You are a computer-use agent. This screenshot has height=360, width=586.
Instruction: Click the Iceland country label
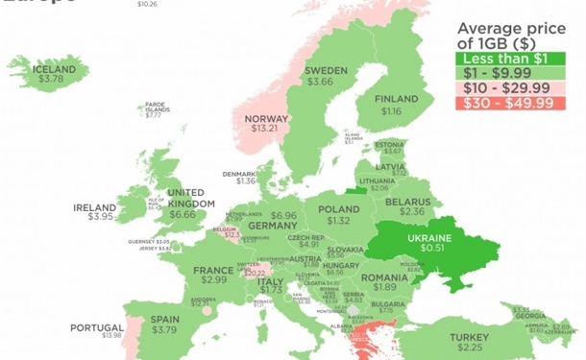[x=55, y=69]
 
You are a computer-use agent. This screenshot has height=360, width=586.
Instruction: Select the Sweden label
[x=325, y=71]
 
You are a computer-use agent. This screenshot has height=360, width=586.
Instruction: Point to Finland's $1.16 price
[x=390, y=112]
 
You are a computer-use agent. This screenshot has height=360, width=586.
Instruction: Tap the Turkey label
[x=469, y=337]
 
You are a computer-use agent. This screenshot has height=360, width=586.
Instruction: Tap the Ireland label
[x=94, y=207]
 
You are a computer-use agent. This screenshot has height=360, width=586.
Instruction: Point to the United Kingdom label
[x=185, y=197]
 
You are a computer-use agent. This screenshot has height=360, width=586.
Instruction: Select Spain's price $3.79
[x=164, y=330]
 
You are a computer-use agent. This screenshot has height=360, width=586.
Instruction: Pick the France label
[x=213, y=271]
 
